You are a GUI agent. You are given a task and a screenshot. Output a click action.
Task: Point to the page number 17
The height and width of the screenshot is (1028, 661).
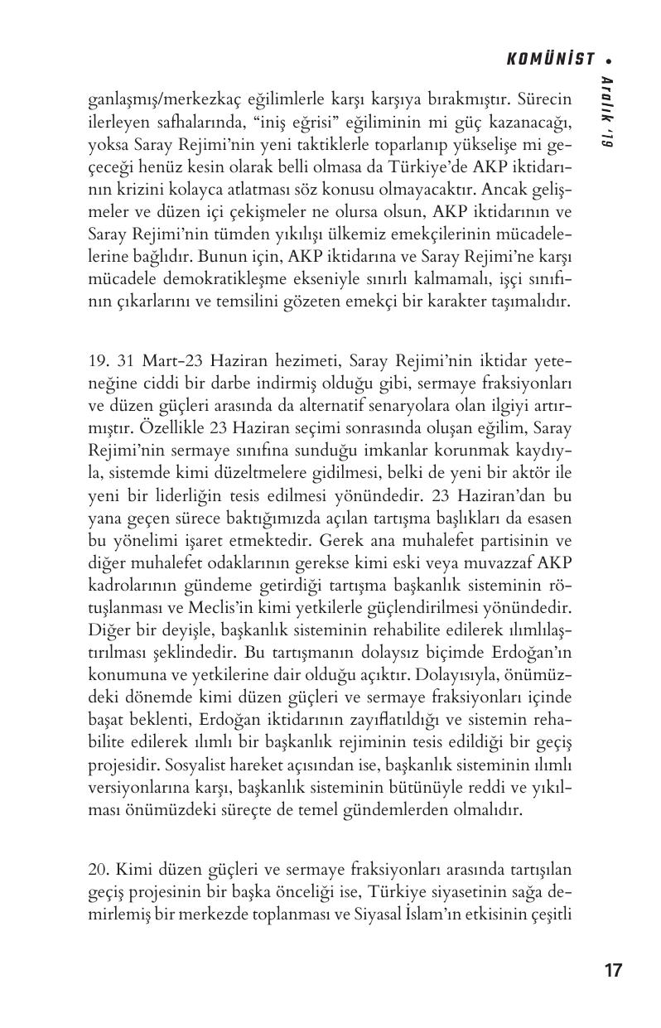[613, 971]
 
